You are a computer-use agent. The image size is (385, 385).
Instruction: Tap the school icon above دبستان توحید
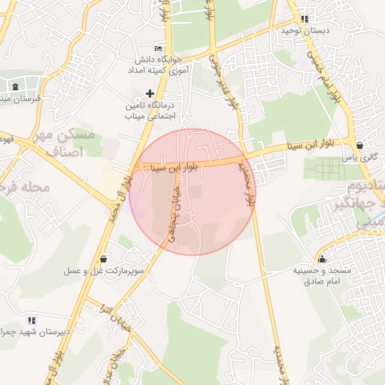click(x=304, y=19)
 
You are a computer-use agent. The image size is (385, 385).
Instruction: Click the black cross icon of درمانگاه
click(x=149, y=93)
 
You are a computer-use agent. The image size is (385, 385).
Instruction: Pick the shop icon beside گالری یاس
click(x=360, y=146)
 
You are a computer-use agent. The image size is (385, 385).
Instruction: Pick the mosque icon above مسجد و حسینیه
click(x=323, y=259)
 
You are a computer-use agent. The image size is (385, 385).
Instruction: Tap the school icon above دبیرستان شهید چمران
click(x=32, y=320)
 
